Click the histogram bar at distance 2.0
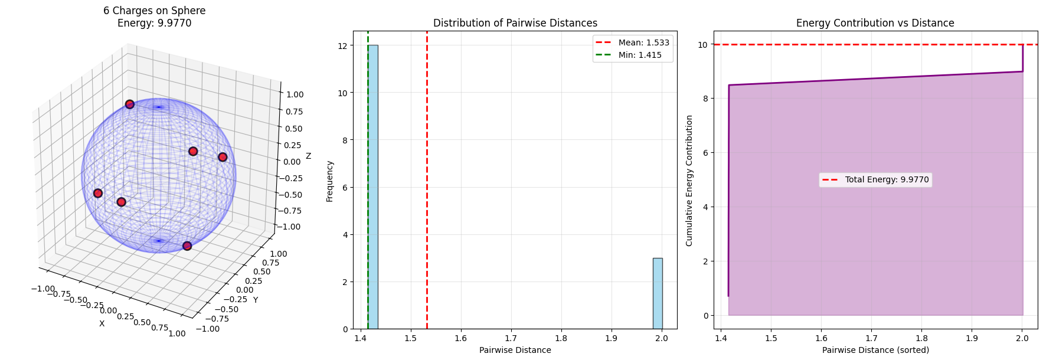click(657, 293)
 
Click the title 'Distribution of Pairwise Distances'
click(515, 23)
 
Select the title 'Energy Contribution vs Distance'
click(875, 23)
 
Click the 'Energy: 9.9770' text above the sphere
click(154, 23)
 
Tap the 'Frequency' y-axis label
click(329, 181)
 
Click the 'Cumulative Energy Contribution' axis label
click(689, 181)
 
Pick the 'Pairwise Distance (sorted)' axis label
click(875, 350)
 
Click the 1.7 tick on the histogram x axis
click(511, 338)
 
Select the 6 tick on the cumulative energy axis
click(704, 153)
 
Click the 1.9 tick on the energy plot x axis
click(972, 338)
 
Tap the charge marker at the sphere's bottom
click(187, 246)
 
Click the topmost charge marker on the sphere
click(130, 104)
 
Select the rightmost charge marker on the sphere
click(223, 157)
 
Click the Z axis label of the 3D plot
click(308, 156)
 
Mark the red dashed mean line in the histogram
click(427, 177)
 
